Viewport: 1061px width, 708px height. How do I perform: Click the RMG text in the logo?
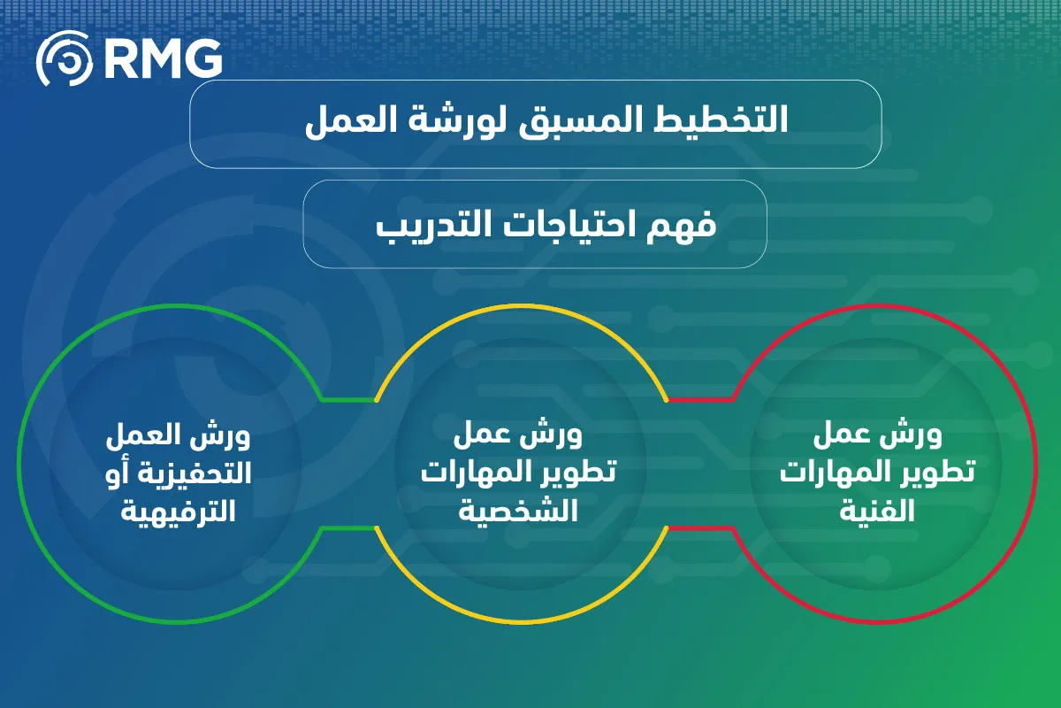tap(163, 58)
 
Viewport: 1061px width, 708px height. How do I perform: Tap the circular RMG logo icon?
tap(65, 58)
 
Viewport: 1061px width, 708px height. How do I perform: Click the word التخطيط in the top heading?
tap(721, 119)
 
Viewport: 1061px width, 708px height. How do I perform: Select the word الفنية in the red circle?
tap(877, 512)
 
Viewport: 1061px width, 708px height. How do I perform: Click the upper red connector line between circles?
tap(700, 400)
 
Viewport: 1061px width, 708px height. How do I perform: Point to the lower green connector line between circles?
tap(349, 527)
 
